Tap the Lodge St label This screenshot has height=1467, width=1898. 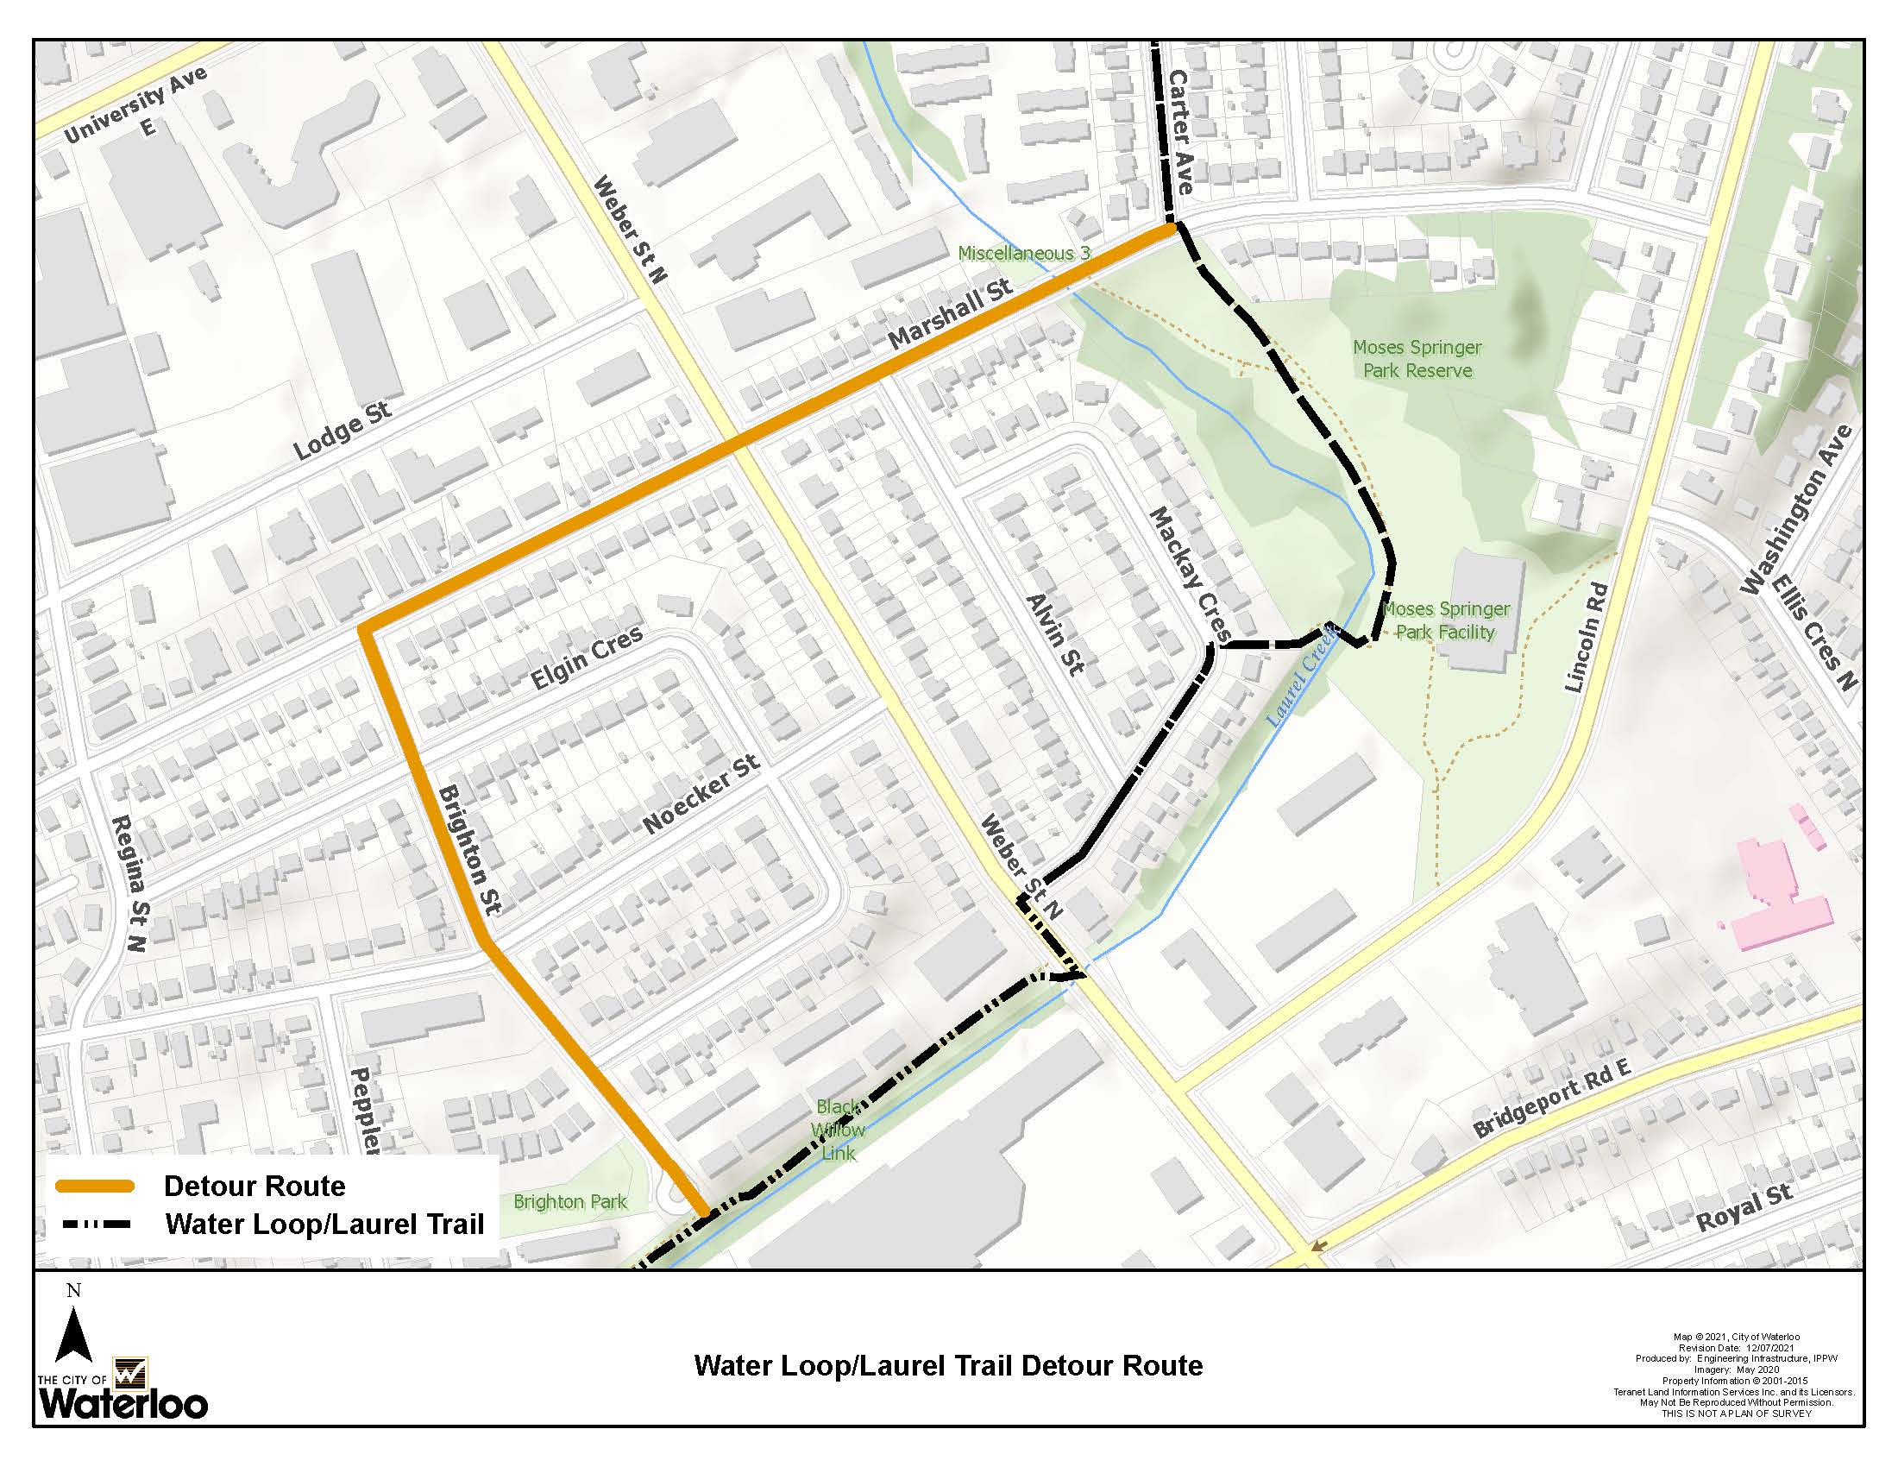click(342, 431)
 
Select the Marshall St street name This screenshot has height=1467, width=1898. click(951, 315)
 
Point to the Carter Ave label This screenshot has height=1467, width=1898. click(1179, 132)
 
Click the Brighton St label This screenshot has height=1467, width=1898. click(470, 849)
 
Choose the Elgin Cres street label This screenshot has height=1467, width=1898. click(588, 658)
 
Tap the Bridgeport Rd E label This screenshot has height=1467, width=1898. click(1554, 1099)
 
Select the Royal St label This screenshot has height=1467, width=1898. click(1745, 1208)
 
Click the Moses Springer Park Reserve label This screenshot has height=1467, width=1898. click(1417, 359)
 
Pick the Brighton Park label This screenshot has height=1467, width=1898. click(570, 1201)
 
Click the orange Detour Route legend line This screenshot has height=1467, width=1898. click(96, 1187)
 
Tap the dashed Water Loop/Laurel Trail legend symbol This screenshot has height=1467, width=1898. click(96, 1225)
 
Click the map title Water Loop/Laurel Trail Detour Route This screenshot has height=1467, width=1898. click(948, 1365)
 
